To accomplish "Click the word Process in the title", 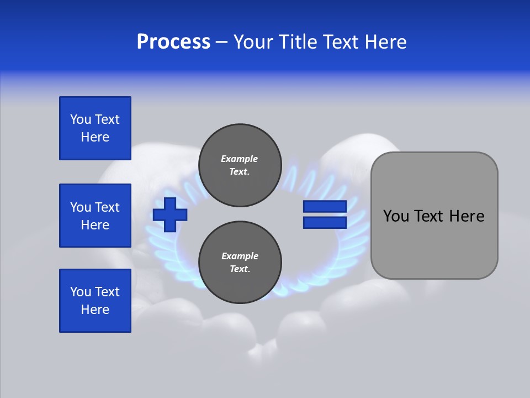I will pyautogui.click(x=173, y=42).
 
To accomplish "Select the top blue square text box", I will pyautogui.click(x=95, y=128).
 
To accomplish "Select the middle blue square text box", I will pyautogui.click(x=95, y=216).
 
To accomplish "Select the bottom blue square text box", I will pyautogui.click(x=95, y=301).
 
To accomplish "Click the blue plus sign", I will pyautogui.click(x=170, y=214).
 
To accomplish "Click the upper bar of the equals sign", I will pyautogui.click(x=325, y=206).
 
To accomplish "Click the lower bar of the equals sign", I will pyautogui.click(x=325, y=222).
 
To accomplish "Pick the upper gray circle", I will pyautogui.click(x=240, y=165).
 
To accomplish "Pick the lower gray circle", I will pyautogui.click(x=240, y=263).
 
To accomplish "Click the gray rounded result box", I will pyautogui.click(x=434, y=216).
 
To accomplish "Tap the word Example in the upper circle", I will pyautogui.click(x=240, y=159).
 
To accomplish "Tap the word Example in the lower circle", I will pyautogui.click(x=240, y=256).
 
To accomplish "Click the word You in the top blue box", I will pyautogui.click(x=81, y=119).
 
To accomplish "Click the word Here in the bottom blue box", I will pyautogui.click(x=95, y=310).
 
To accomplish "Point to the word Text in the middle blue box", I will pyautogui.click(x=107, y=207).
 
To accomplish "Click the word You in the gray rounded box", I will pyautogui.click(x=396, y=216).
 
